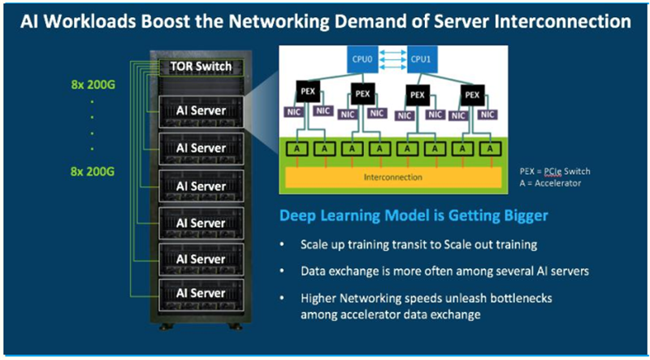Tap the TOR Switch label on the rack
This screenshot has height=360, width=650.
[x=201, y=67]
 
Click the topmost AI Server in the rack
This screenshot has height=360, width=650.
[x=201, y=110]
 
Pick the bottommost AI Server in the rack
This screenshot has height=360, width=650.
[x=201, y=293]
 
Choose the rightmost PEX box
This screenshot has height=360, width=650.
[x=472, y=95]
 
